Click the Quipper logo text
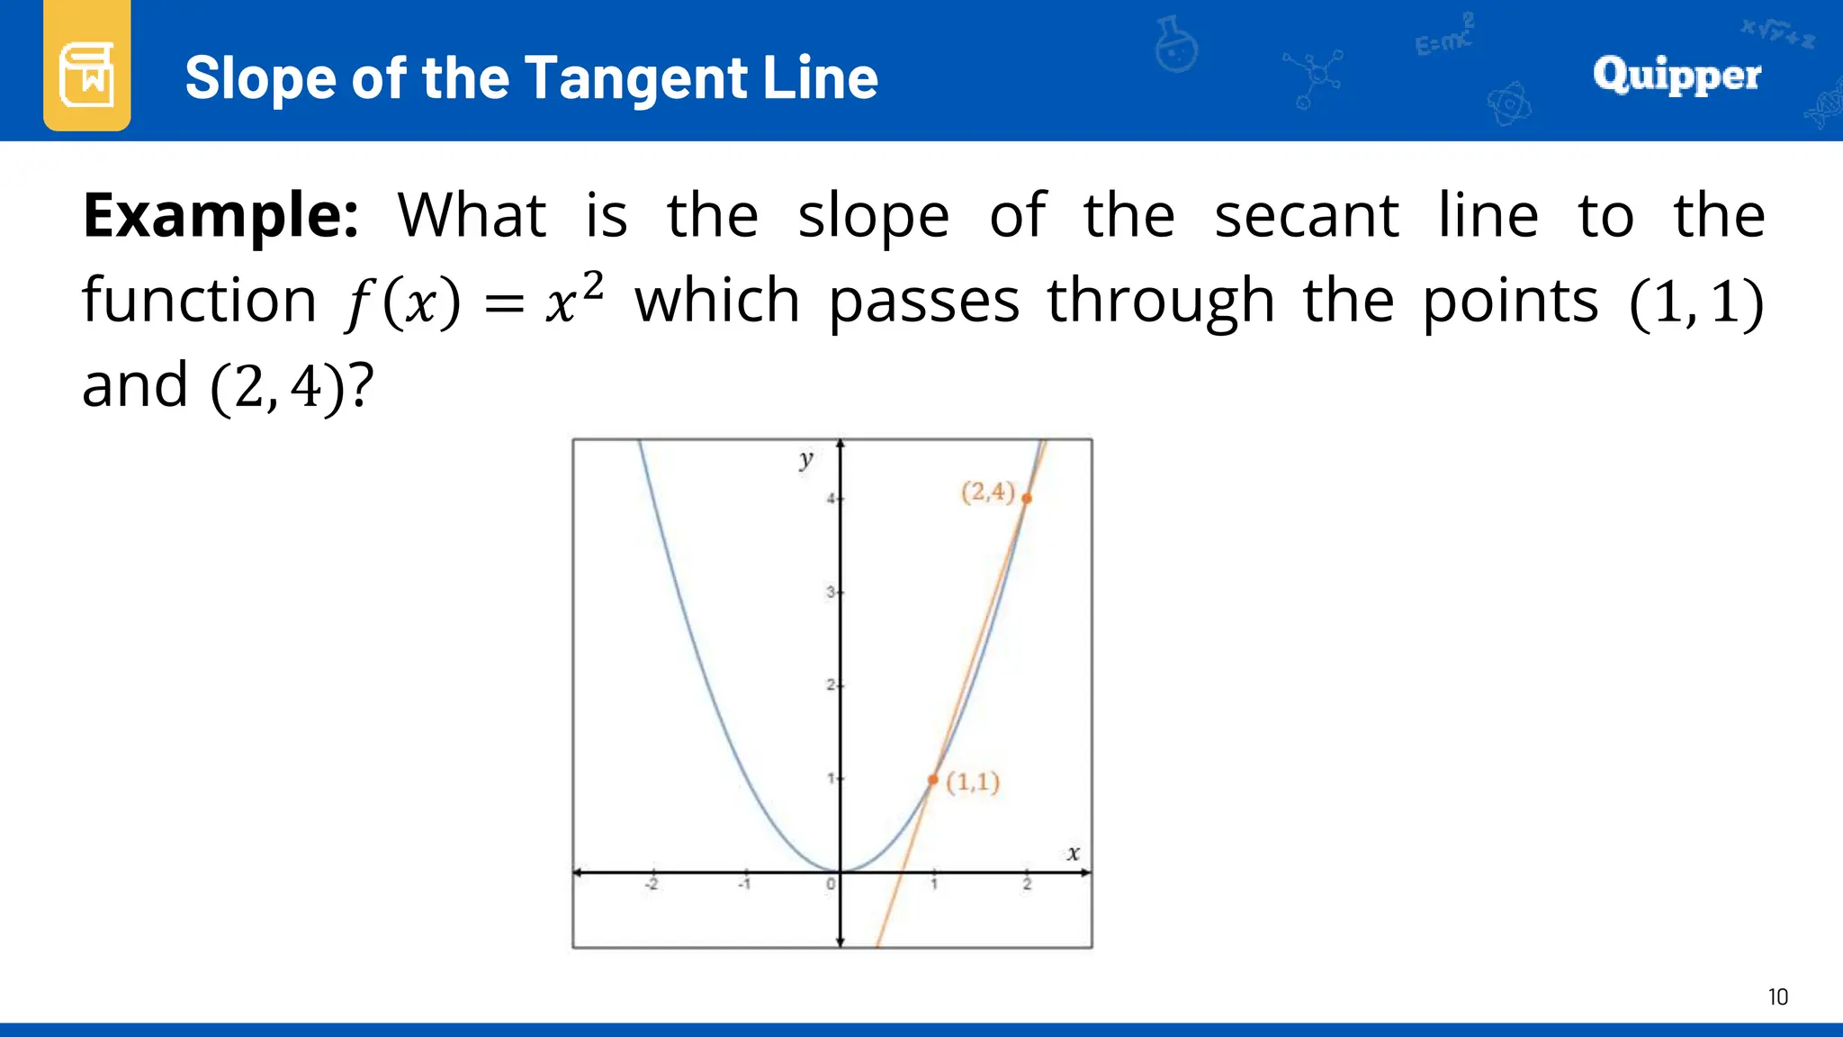point(1677,75)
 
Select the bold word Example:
point(220,216)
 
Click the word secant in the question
point(1306,216)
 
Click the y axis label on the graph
point(805,460)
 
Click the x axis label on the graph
point(1073,853)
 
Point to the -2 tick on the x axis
point(652,884)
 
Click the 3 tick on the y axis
point(831,592)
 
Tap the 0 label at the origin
point(830,885)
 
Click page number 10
point(1777,997)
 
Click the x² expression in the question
point(574,298)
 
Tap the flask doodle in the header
point(1176,45)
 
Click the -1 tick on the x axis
point(744,884)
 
